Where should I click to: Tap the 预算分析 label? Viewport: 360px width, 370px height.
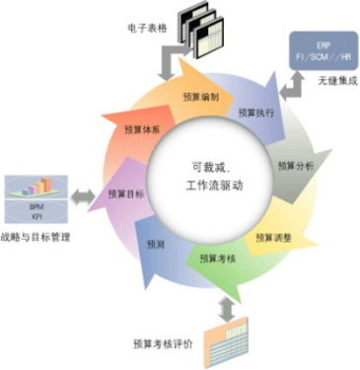295,167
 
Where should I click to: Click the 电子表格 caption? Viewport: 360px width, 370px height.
152,15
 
